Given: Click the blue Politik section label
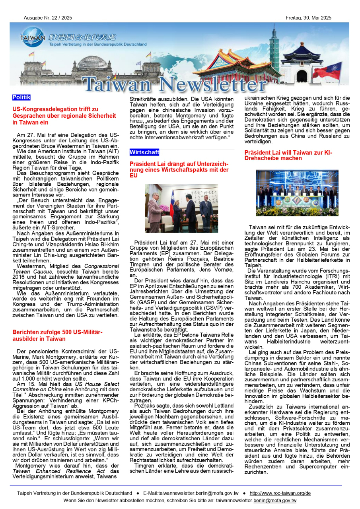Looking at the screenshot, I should pyautogui.click(x=21, y=97).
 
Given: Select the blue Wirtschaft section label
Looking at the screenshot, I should pyautogui.click(x=144, y=152).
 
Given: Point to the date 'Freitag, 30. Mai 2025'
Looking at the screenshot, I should pyautogui.click(x=308, y=18).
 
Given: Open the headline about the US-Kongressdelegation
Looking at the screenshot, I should pyautogui.click(x=64, y=116).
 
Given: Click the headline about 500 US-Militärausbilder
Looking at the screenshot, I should pyautogui.click(x=57, y=335).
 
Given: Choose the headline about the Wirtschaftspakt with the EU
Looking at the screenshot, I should pyautogui.click(x=179, y=169).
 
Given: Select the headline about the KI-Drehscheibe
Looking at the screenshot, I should pyautogui.click(x=288, y=155).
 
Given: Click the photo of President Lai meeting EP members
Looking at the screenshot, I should pyautogui.click(x=181, y=208).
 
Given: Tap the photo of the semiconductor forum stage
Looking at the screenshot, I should pyautogui.click(x=297, y=193).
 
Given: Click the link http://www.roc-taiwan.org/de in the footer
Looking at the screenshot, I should pyautogui.click(x=280, y=493).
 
